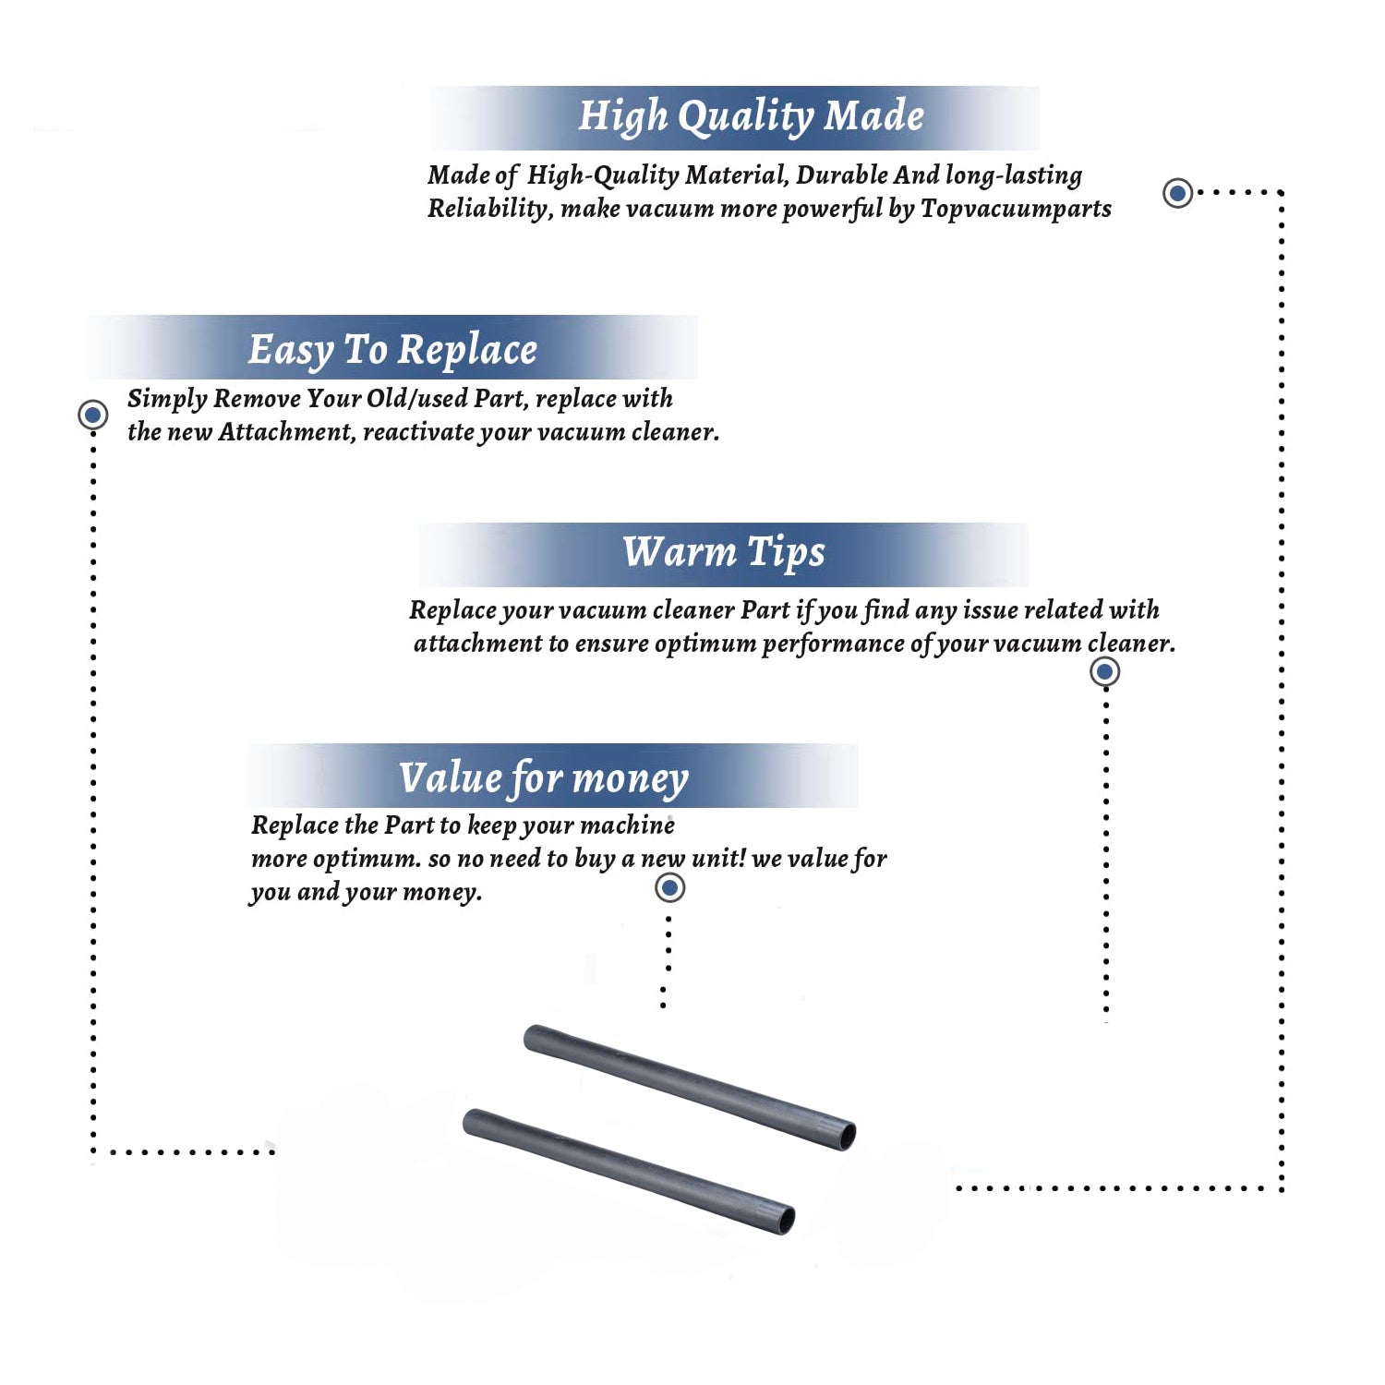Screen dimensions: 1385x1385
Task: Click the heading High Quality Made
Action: coord(751,117)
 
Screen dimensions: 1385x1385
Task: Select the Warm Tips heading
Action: coord(723,553)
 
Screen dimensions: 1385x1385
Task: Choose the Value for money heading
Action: coord(544,778)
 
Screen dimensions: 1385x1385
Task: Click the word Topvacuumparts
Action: coord(1016,210)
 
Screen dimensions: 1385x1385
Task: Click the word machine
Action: coord(627,825)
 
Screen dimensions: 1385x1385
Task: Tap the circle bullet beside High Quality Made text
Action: coord(1177,193)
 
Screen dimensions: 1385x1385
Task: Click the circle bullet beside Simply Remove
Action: coord(92,415)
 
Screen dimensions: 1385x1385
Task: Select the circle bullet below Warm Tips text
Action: coord(1105,671)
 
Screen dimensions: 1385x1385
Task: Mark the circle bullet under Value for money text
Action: coord(669,888)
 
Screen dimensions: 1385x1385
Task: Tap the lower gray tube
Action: coord(628,1171)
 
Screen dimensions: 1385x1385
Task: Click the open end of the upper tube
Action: coord(845,1136)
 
